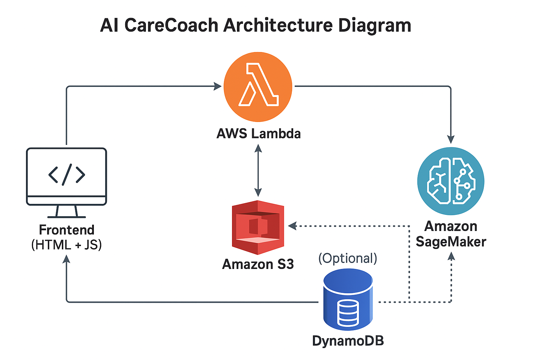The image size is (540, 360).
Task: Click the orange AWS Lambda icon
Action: pyautogui.click(x=258, y=86)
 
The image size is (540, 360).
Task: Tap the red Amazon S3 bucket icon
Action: pyautogui.click(x=258, y=227)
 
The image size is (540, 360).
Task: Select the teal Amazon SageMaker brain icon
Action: pyautogui.click(x=451, y=181)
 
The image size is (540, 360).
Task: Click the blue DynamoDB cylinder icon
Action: pyautogui.click(x=348, y=299)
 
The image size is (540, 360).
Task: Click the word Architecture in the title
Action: pyautogui.click(x=278, y=25)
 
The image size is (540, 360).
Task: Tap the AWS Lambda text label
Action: pyautogui.click(x=258, y=134)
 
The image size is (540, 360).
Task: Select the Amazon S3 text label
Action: pyautogui.click(x=258, y=264)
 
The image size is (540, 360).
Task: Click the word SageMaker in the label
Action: pyautogui.click(x=451, y=242)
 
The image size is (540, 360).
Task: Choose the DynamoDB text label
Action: pyautogui.click(x=348, y=341)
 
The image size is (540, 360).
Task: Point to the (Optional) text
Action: pyautogui.click(x=347, y=258)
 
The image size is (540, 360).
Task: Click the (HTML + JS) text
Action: pyautogui.click(x=66, y=245)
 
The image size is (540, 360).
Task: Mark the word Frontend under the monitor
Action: pyautogui.click(x=66, y=230)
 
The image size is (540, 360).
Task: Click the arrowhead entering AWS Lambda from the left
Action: pyautogui.click(x=218, y=86)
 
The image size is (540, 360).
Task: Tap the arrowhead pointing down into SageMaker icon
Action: pyautogui.click(x=451, y=139)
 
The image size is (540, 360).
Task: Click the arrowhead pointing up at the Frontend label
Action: pyautogui.click(x=66, y=259)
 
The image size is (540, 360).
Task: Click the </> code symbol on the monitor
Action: pyautogui.click(x=66, y=174)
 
